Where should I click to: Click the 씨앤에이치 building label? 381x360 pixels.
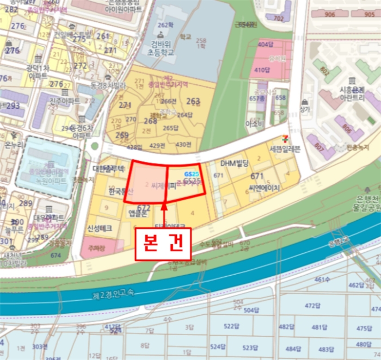(x=264, y=188)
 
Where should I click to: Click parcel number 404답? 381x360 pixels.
(x=264, y=45)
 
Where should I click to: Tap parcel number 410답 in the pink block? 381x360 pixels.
(x=262, y=70)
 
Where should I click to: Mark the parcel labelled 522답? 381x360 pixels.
(x=231, y=326)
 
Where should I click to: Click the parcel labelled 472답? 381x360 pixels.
(x=312, y=306)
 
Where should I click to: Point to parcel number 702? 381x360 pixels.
(x=279, y=18)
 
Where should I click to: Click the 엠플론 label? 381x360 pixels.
(x=139, y=213)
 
